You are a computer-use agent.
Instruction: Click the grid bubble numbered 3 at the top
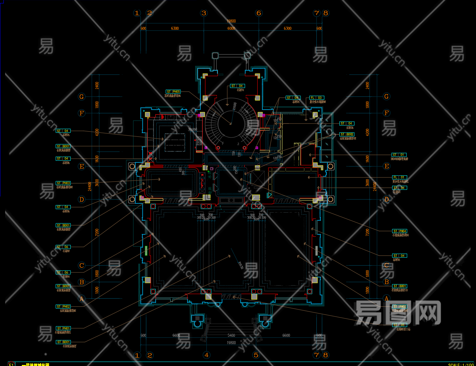point(204,13)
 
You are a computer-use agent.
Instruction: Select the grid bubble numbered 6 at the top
point(259,13)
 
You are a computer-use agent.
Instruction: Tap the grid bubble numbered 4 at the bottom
point(206,355)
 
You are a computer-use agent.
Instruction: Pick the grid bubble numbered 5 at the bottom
point(256,355)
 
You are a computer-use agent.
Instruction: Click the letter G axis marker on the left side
point(81,97)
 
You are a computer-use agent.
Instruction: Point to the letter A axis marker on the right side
point(386,298)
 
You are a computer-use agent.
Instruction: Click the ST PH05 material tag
point(173,92)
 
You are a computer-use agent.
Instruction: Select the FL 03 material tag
point(317,98)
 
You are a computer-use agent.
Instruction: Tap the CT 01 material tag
point(399,155)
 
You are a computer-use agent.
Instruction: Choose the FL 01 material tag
point(399,177)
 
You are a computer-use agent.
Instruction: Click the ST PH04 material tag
point(399,231)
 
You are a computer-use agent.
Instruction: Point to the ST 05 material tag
point(399,325)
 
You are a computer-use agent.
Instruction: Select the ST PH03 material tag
point(63,183)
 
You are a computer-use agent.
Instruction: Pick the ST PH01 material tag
point(63,328)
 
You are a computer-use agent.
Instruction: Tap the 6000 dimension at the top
point(231,29)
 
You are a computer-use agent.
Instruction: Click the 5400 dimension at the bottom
point(231,336)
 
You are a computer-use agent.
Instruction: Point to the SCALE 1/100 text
point(461,364)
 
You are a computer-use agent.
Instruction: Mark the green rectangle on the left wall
point(146,251)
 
